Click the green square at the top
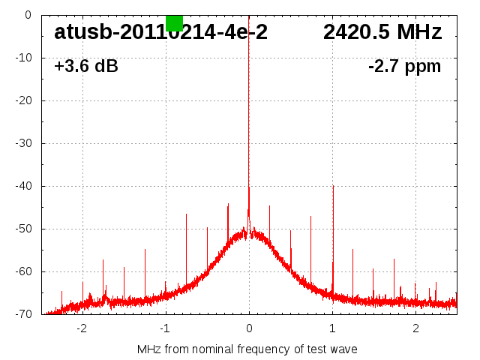174,22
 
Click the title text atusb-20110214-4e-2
160,32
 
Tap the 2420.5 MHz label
382,32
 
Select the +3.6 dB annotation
85,67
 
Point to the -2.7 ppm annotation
404,67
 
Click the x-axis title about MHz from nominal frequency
247,349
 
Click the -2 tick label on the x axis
82,328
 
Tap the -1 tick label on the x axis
165,328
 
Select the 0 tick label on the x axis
249,328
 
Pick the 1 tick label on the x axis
332,328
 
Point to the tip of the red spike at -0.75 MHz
186,214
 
